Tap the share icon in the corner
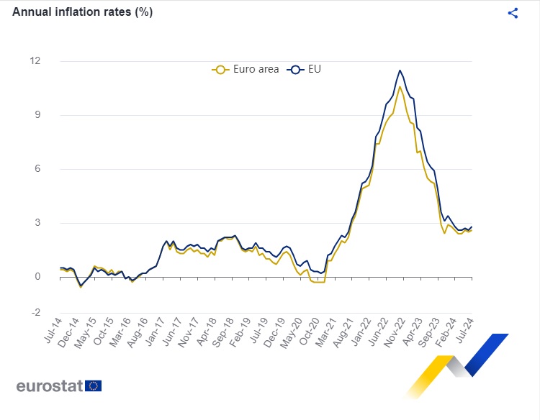513,13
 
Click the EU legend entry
305,69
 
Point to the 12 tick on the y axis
35,60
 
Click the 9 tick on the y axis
37,115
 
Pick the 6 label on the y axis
37,169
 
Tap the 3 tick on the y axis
37,223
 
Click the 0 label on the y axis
37,277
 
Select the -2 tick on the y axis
35,313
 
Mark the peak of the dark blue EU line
400,70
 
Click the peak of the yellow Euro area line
400,86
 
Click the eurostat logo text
49,385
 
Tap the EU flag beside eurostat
94,385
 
